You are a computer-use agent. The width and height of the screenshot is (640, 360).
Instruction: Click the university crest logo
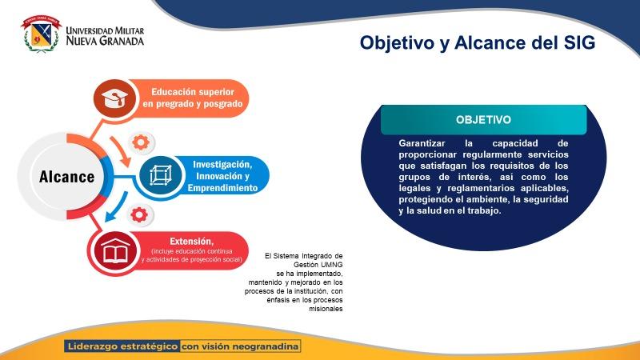coord(41,34)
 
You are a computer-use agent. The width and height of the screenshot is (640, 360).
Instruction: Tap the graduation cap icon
coord(114,98)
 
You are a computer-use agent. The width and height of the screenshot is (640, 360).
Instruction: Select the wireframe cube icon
coord(161,175)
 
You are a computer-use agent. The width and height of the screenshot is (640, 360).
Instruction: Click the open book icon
coord(115,250)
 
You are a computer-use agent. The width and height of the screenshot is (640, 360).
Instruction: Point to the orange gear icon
coord(141,143)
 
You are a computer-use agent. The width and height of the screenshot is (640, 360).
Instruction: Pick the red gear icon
coord(139,214)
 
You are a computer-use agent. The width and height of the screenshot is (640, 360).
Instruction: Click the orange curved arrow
coord(122,151)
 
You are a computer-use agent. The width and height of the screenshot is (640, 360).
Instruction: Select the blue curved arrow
coord(116,206)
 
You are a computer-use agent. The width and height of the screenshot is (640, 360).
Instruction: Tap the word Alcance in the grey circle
coord(67,177)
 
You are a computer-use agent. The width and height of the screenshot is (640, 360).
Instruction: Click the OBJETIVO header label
coord(483,119)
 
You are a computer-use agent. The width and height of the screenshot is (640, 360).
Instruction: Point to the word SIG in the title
coord(578,42)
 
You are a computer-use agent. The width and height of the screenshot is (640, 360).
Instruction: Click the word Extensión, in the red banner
coord(191,242)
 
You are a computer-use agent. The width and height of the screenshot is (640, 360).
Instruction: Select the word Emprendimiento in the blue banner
coord(222,188)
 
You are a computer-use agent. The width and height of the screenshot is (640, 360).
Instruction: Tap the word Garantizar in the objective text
coord(422,143)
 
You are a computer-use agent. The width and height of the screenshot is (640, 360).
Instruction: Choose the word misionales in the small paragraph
coord(326,309)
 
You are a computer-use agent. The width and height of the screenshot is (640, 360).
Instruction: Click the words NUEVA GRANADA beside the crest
coord(105,41)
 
